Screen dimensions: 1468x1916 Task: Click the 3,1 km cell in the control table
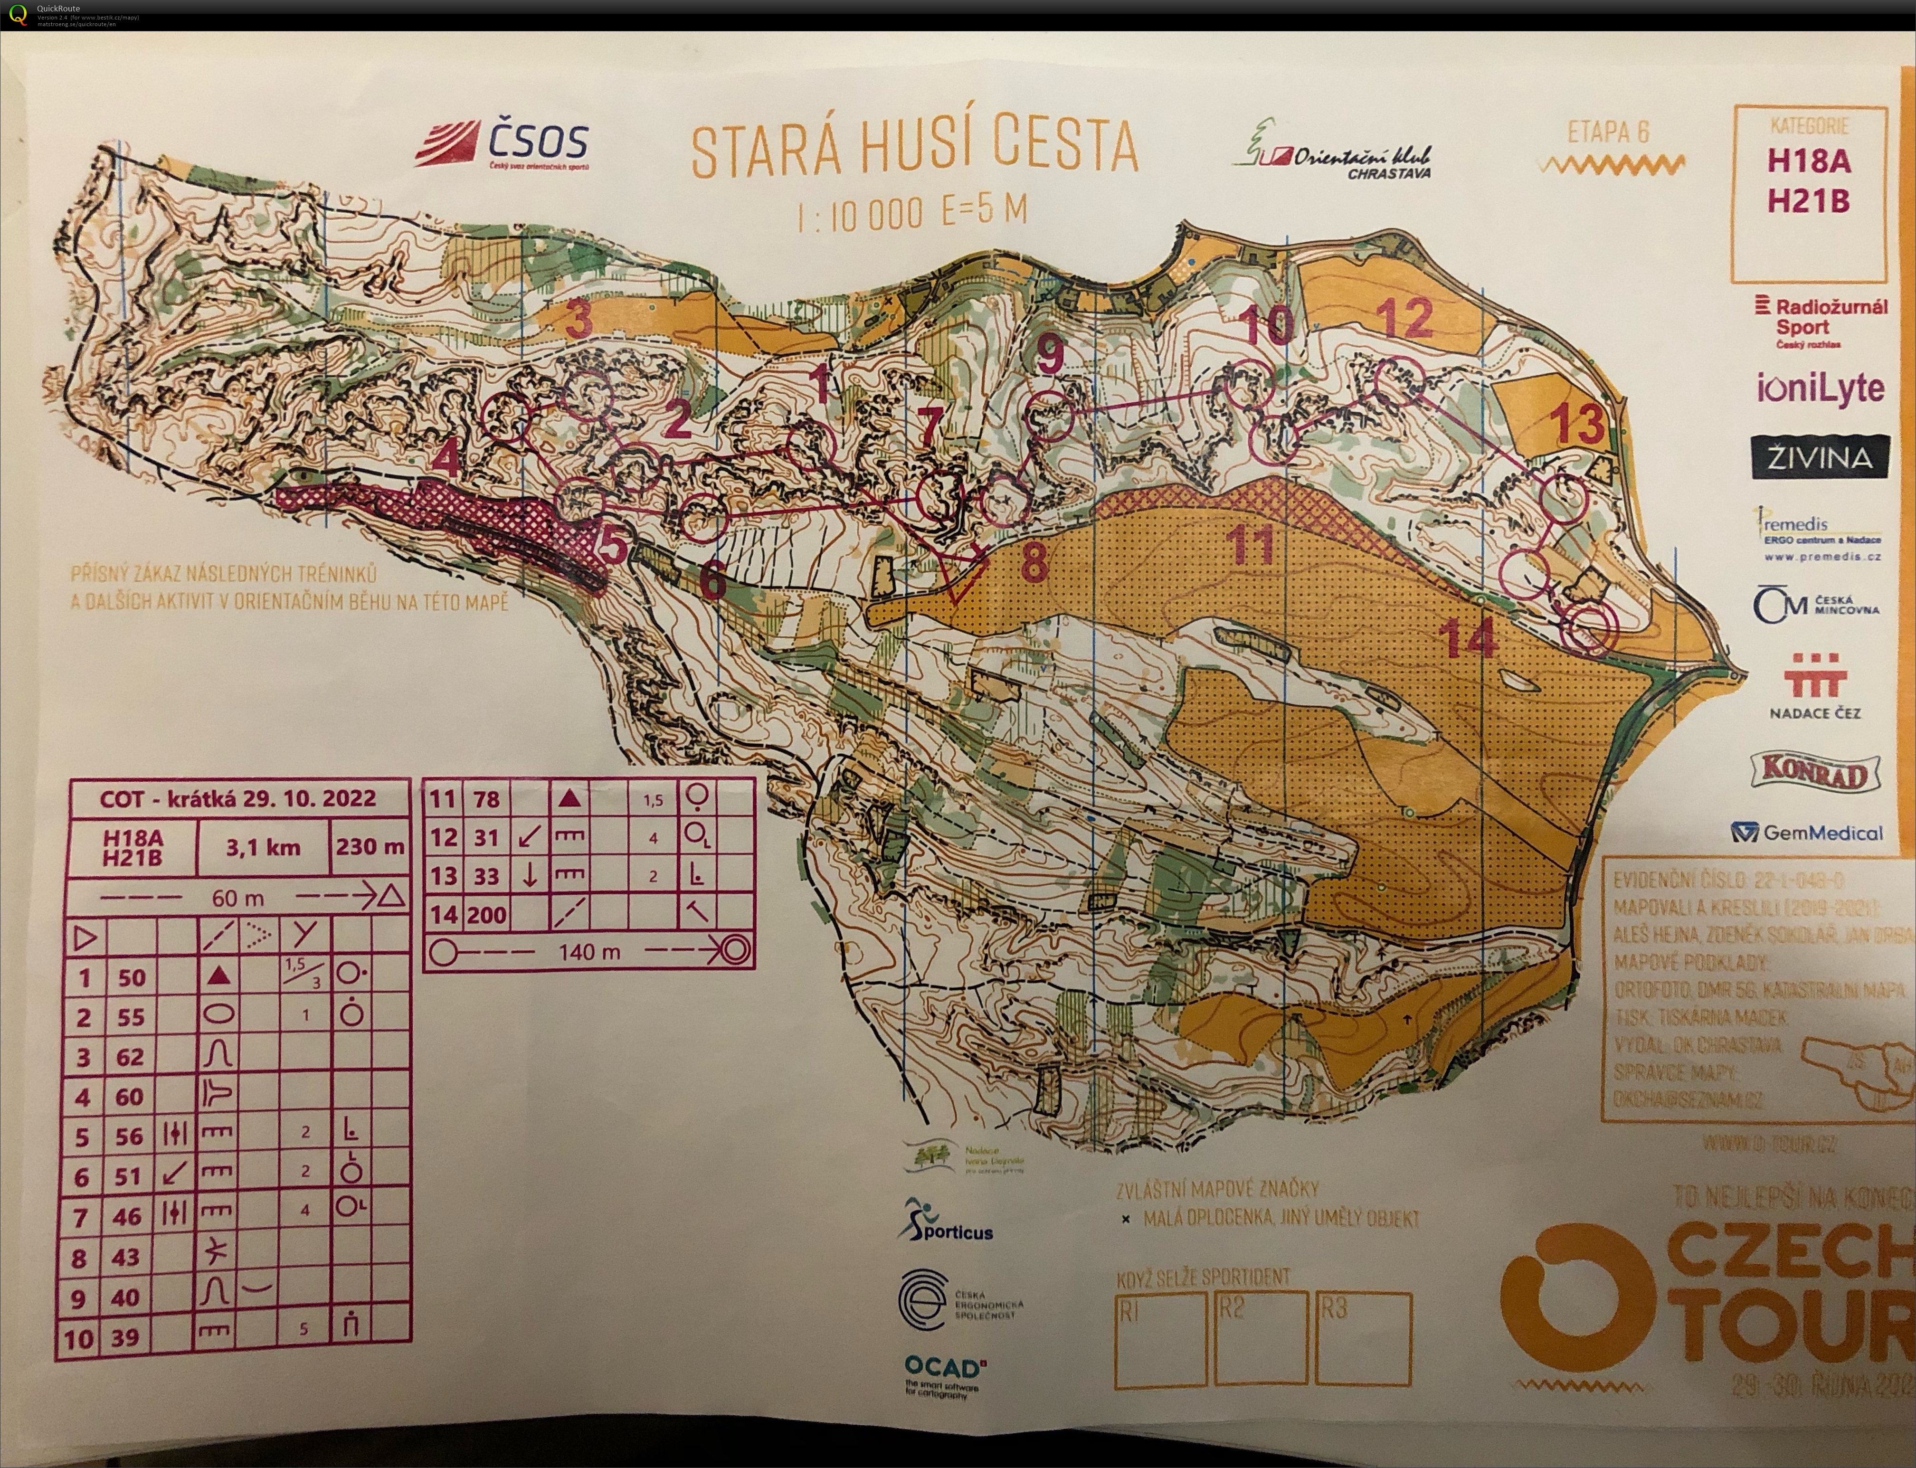263,847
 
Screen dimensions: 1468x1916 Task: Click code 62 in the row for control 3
130,1057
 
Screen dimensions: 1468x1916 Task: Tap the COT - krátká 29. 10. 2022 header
237,799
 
